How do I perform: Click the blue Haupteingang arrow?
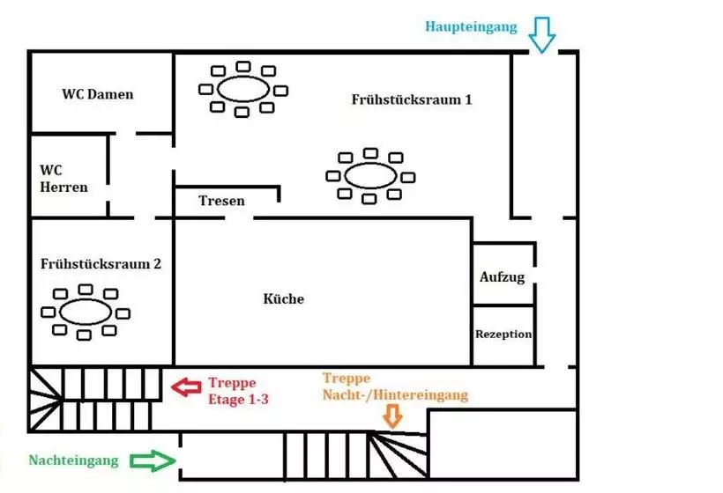[541, 37]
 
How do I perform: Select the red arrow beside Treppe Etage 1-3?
[186, 386]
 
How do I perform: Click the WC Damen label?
[98, 93]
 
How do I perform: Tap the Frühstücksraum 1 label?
[411, 99]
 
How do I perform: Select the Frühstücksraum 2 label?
[101, 263]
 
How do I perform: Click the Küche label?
[284, 299]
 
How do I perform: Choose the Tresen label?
[221, 201]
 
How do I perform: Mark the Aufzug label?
[502, 276]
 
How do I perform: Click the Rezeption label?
[503, 335]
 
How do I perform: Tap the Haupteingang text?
[471, 26]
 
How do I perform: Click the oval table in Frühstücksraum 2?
[86, 312]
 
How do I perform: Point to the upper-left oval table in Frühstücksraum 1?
[243, 88]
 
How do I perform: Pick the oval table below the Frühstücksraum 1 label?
[370, 175]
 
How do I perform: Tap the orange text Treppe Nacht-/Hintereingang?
[395, 386]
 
